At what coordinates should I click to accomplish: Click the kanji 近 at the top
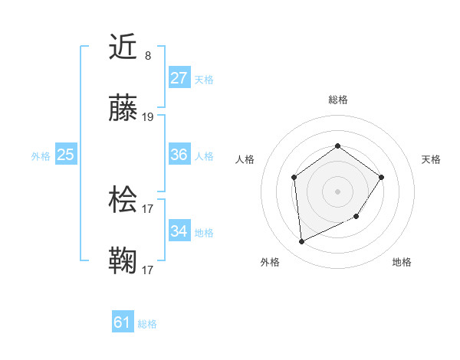coord(123,48)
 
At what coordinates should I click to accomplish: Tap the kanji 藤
coord(123,110)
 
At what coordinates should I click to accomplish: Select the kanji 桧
coord(123,201)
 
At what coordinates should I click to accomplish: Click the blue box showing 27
coord(179,77)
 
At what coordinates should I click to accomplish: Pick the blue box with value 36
coord(179,155)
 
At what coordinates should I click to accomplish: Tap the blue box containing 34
coord(179,231)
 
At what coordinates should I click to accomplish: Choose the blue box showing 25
coord(65,155)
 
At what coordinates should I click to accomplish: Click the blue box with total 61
coord(122,322)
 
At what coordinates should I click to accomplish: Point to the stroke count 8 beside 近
coord(148,55)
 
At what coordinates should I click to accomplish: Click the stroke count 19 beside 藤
coord(148,117)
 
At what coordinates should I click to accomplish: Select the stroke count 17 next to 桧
coord(148,208)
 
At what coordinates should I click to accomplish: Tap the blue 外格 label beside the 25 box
coord(41,155)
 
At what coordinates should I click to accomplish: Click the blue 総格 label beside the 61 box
coord(147,324)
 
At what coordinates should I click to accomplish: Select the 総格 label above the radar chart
coord(337,100)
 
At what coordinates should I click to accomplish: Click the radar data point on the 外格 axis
coord(301,242)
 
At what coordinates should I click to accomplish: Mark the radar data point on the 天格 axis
coord(383,178)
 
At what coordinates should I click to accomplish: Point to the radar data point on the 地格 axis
coord(356,218)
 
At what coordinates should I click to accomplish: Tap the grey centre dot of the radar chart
coord(337,191)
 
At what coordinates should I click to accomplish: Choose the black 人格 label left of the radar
coord(245,159)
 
